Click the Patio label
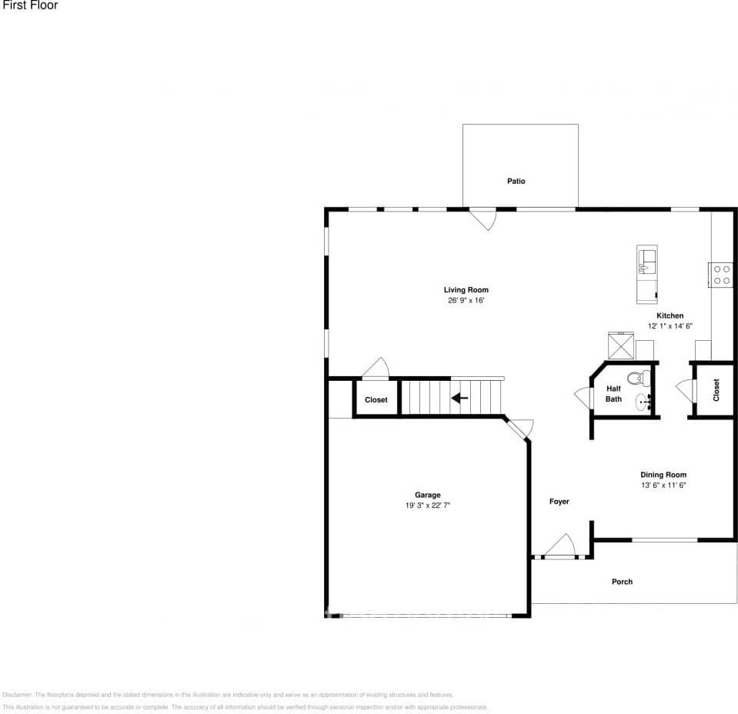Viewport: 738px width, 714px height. click(x=516, y=182)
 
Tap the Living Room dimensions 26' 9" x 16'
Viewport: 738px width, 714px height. click(x=466, y=301)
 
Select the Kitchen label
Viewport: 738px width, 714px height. click(x=670, y=315)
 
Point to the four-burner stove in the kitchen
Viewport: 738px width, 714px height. click(x=721, y=275)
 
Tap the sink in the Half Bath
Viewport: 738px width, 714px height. click(x=644, y=401)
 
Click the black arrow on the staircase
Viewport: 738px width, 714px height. click(x=459, y=398)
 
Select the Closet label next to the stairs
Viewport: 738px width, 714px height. click(x=376, y=400)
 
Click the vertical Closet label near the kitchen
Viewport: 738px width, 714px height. click(x=716, y=390)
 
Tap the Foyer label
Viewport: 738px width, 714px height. click(x=559, y=502)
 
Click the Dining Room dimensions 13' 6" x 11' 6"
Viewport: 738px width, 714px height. click(x=663, y=485)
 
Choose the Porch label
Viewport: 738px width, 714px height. click(x=622, y=582)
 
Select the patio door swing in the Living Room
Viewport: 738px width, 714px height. click(x=484, y=219)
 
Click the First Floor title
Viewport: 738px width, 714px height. click(x=29, y=5)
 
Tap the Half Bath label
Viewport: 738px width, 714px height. click(x=613, y=394)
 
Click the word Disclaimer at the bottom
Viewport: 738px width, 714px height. click(x=17, y=695)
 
